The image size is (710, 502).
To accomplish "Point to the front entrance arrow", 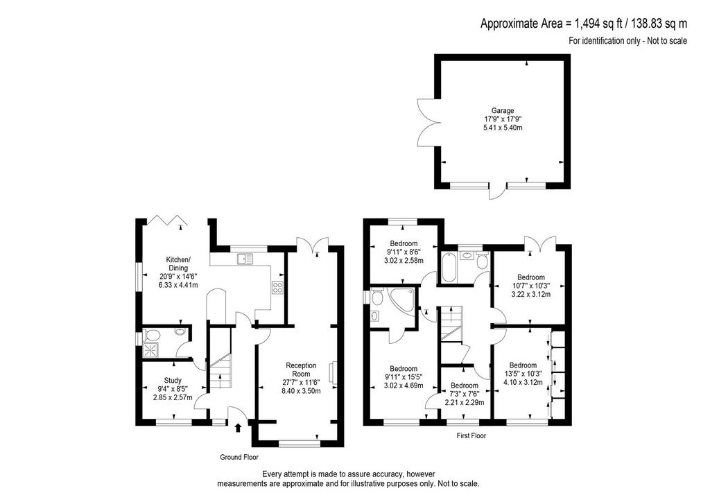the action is (239, 428).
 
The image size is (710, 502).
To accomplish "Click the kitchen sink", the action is (245, 259).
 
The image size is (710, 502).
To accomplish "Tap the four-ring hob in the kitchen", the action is (277, 288).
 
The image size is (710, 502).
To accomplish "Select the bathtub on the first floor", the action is (449, 268).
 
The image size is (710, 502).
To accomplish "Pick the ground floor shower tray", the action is (150, 350).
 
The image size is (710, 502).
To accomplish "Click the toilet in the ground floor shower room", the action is (152, 336).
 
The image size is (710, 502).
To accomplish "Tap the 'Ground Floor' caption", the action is (239, 457).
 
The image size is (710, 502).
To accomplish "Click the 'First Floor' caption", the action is (471, 435).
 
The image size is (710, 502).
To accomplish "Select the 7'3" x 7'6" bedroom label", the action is (464, 394).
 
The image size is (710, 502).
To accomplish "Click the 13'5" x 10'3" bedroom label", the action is (523, 374).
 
